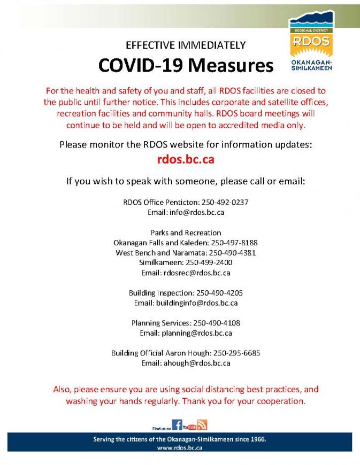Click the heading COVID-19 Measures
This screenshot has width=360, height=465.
pos(186,65)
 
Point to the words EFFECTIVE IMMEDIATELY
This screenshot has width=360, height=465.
pos(185,45)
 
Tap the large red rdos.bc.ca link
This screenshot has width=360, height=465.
pos(186,159)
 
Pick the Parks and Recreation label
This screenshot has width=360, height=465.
pos(186,233)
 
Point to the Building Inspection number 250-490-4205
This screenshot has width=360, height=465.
pos(220,293)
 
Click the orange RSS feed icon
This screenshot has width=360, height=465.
pos(202,425)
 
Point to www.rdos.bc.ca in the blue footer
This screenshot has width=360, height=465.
pos(180,448)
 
